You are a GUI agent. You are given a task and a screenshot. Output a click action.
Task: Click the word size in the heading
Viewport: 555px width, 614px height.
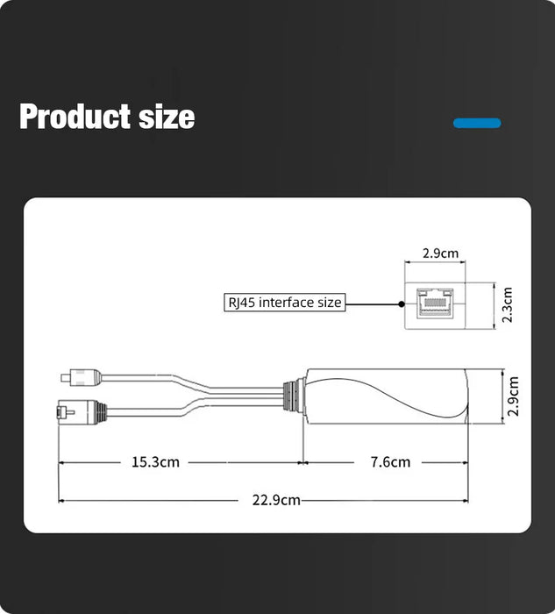point(166,117)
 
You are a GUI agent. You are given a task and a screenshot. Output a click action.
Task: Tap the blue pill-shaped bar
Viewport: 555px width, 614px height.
point(477,123)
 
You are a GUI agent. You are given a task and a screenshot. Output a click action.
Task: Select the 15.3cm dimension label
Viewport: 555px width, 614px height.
point(155,461)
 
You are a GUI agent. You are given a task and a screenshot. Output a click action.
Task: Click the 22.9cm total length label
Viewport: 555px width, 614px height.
point(276,500)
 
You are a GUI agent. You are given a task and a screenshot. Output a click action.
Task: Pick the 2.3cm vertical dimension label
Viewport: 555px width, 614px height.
point(508,304)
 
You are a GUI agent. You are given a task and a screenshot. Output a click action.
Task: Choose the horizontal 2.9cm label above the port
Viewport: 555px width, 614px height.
point(440,253)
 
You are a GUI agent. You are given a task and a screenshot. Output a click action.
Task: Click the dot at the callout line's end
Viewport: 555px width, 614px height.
point(402,303)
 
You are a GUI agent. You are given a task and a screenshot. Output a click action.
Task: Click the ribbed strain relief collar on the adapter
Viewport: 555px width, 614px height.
point(292,396)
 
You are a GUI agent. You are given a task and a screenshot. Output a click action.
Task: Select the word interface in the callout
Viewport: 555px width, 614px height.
point(285,303)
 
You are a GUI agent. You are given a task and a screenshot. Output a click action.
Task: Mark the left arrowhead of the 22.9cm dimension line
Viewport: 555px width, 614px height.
point(61,500)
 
